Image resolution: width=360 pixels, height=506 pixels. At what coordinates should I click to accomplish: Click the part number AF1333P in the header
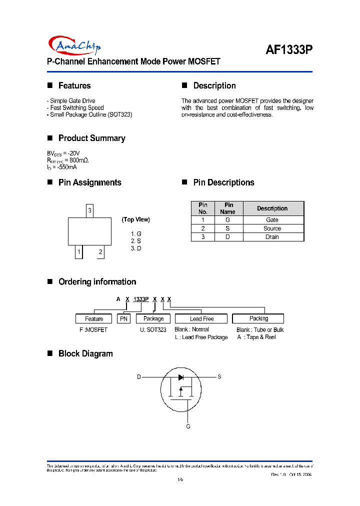point(288,50)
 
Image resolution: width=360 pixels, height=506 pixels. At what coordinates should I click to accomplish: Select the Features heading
point(74,85)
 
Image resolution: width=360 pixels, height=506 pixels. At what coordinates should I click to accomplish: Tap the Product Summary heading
point(91,138)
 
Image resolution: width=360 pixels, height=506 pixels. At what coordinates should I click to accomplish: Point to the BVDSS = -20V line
point(63,153)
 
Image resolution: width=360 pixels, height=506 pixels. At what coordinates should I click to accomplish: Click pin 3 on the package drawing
point(89,210)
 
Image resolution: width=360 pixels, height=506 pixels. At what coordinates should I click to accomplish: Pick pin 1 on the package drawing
point(78,252)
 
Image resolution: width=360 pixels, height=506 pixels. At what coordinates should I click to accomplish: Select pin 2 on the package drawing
point(100,252)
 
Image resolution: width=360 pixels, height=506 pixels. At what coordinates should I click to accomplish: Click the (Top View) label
point(135,219)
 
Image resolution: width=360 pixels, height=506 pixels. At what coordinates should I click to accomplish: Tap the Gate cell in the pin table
point(272,220)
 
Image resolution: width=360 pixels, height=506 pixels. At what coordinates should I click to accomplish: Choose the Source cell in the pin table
point(272,228)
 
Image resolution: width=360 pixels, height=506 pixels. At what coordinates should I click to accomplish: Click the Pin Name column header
point(228,208)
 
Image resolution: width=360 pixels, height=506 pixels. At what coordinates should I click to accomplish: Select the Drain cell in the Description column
point(272,237)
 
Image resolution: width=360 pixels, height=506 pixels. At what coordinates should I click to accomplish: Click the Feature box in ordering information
point(94,318)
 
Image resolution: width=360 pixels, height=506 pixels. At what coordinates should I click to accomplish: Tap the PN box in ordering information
point(123,318)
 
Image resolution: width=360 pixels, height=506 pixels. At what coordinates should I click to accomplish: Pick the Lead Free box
point(201,318)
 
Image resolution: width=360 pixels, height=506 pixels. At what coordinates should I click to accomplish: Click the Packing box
point(258,318)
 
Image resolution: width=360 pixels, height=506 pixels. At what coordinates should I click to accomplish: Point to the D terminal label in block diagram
point(139,377)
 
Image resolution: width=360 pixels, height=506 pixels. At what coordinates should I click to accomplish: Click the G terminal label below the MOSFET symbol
point(188,426)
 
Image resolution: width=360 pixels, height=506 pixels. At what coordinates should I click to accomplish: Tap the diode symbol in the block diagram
point(181,377)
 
